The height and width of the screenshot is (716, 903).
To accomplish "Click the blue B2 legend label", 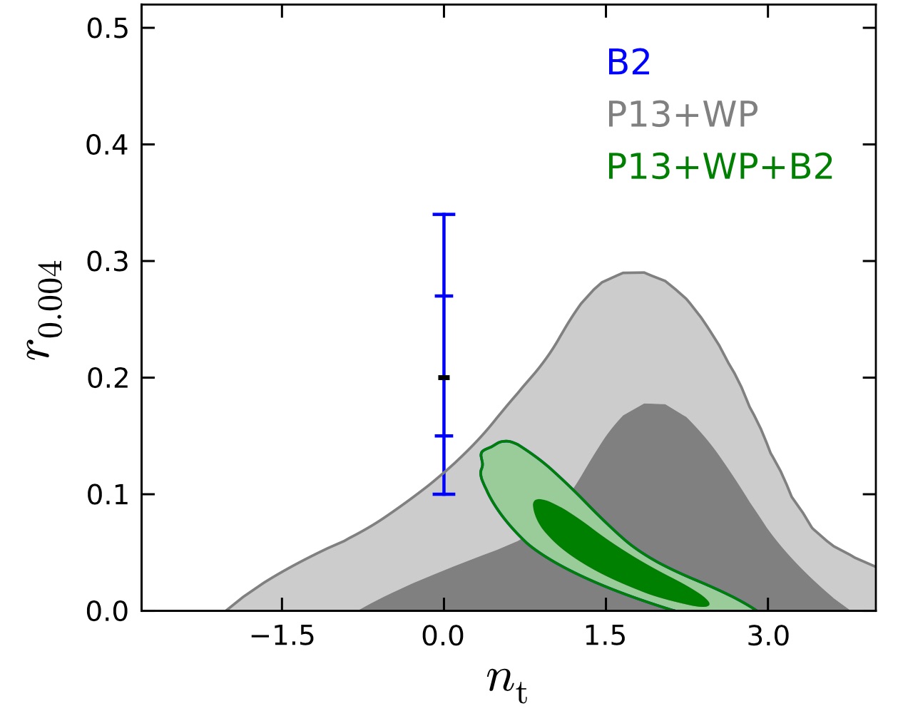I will coord(628,62).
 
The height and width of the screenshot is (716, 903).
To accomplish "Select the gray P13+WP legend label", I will coord(682,114).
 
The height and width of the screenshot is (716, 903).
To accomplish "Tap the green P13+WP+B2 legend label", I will coord(720,167).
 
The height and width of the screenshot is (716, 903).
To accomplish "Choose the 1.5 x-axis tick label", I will coord(606,635).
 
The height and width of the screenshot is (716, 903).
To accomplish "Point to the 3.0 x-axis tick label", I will coord(768,635).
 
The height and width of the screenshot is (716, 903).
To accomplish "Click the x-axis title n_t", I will coord(507,681).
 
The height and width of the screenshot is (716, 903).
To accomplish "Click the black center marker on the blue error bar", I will coord(444,377).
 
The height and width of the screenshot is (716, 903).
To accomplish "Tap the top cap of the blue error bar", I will coord(444,214).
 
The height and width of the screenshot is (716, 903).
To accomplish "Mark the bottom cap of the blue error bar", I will coord(444,494).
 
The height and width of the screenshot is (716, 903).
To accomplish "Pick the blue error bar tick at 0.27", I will coord(444,295).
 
